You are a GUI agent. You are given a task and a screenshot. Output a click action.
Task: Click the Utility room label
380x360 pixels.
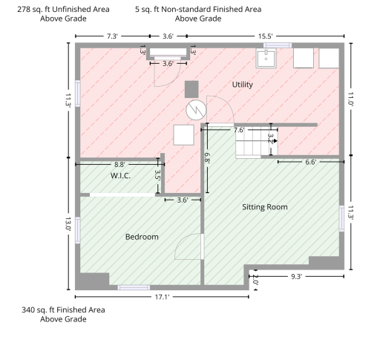tap(243, 85)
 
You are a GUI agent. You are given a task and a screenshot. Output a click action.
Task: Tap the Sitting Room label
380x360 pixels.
tap(265, 207)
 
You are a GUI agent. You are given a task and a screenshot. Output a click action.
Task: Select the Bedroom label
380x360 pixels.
tap(142, 237)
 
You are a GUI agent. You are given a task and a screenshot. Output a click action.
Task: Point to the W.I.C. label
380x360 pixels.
tap(120, 176)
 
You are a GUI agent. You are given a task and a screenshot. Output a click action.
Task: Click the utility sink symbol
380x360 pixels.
tap(266, 59)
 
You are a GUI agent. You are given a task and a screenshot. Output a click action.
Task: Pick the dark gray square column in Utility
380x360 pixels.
tap(191, 89)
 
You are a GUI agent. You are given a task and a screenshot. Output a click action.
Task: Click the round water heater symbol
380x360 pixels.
tap(196, 110)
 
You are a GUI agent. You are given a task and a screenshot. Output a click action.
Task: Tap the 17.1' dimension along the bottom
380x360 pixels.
tap(162, 297)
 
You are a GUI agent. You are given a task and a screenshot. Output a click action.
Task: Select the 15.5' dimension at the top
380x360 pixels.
tap(265, 36)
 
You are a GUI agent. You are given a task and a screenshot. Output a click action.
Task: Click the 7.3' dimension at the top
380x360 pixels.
tap(112, 36)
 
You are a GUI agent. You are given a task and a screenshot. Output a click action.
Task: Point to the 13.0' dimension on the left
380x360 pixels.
tap(68, 224)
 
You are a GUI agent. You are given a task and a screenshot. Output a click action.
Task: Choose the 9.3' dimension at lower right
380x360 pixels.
tap(297, 277)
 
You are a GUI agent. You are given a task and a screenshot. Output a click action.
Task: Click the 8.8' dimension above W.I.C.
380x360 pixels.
tap(119, 165)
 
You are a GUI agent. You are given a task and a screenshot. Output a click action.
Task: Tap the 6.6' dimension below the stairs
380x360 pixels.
tap(310, 162)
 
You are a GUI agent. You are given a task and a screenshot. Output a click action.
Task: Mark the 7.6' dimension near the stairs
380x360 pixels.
tap(239, 130)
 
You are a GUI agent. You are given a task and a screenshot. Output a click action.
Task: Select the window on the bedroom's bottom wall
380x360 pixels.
tap(134, 287)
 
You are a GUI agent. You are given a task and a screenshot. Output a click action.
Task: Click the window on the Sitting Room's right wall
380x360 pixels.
tap(341, 218)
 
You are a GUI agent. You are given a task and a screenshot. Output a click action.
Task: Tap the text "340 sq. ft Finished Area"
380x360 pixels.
tap(63, 310)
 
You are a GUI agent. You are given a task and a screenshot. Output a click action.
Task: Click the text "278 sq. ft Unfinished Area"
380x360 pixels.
tap(63, 10)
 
